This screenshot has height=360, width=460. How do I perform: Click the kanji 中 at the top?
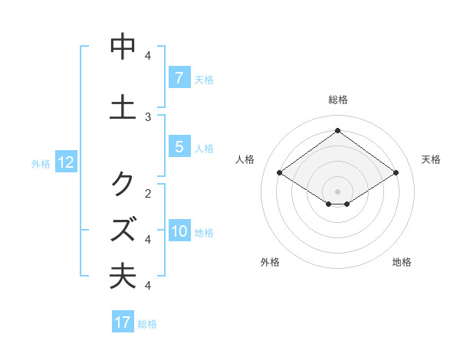(123, 47)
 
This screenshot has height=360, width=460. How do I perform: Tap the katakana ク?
(123, 184)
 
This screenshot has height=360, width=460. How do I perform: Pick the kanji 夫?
(123, 277)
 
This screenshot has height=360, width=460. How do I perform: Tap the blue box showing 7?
(179, 77)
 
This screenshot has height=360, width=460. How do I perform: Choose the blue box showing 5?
(179, 147)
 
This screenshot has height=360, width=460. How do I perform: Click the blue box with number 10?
(179, 232)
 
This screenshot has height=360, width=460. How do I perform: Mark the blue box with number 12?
(65, 162)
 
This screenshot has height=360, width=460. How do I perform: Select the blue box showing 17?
(123, 322)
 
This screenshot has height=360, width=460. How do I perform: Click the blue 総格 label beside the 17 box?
(147, 324)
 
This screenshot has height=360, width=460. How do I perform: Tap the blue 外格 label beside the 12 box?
(41, 163)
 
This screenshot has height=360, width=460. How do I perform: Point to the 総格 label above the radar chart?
(337, 100)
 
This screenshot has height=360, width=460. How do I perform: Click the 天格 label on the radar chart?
(432, 159)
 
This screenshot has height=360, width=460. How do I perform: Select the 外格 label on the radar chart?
(270, 263)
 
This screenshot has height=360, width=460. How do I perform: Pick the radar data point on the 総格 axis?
(337, 130)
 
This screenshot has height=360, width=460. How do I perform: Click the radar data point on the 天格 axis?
(396, 173)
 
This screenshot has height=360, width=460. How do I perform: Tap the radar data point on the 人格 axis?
(280, 173)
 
